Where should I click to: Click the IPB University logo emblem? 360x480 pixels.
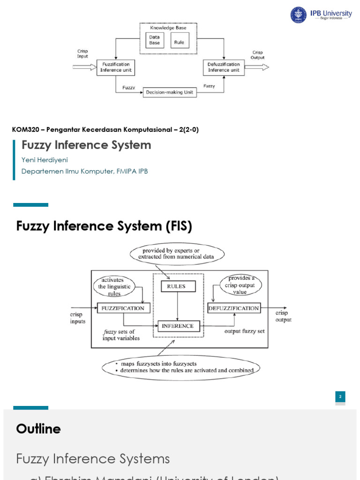298,15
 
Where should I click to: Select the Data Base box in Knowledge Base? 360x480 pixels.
154,40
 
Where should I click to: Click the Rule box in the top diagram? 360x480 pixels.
180,41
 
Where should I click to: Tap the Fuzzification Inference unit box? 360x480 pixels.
116,67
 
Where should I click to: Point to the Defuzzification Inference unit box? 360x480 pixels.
224,67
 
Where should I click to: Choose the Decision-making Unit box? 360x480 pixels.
170,92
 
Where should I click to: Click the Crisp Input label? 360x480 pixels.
82,53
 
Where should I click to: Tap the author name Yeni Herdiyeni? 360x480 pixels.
45,160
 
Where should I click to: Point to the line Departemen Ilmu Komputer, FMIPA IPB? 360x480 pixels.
84,172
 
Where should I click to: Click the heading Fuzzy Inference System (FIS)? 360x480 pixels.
104,226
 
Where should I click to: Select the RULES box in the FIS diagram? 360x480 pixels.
178,286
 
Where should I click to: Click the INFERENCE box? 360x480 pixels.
179,326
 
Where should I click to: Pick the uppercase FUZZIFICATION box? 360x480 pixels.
124,308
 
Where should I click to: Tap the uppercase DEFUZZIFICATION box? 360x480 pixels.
233,308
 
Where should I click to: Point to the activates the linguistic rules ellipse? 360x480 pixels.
114,287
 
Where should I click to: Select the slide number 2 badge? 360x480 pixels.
340,397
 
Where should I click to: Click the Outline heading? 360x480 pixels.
38,429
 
